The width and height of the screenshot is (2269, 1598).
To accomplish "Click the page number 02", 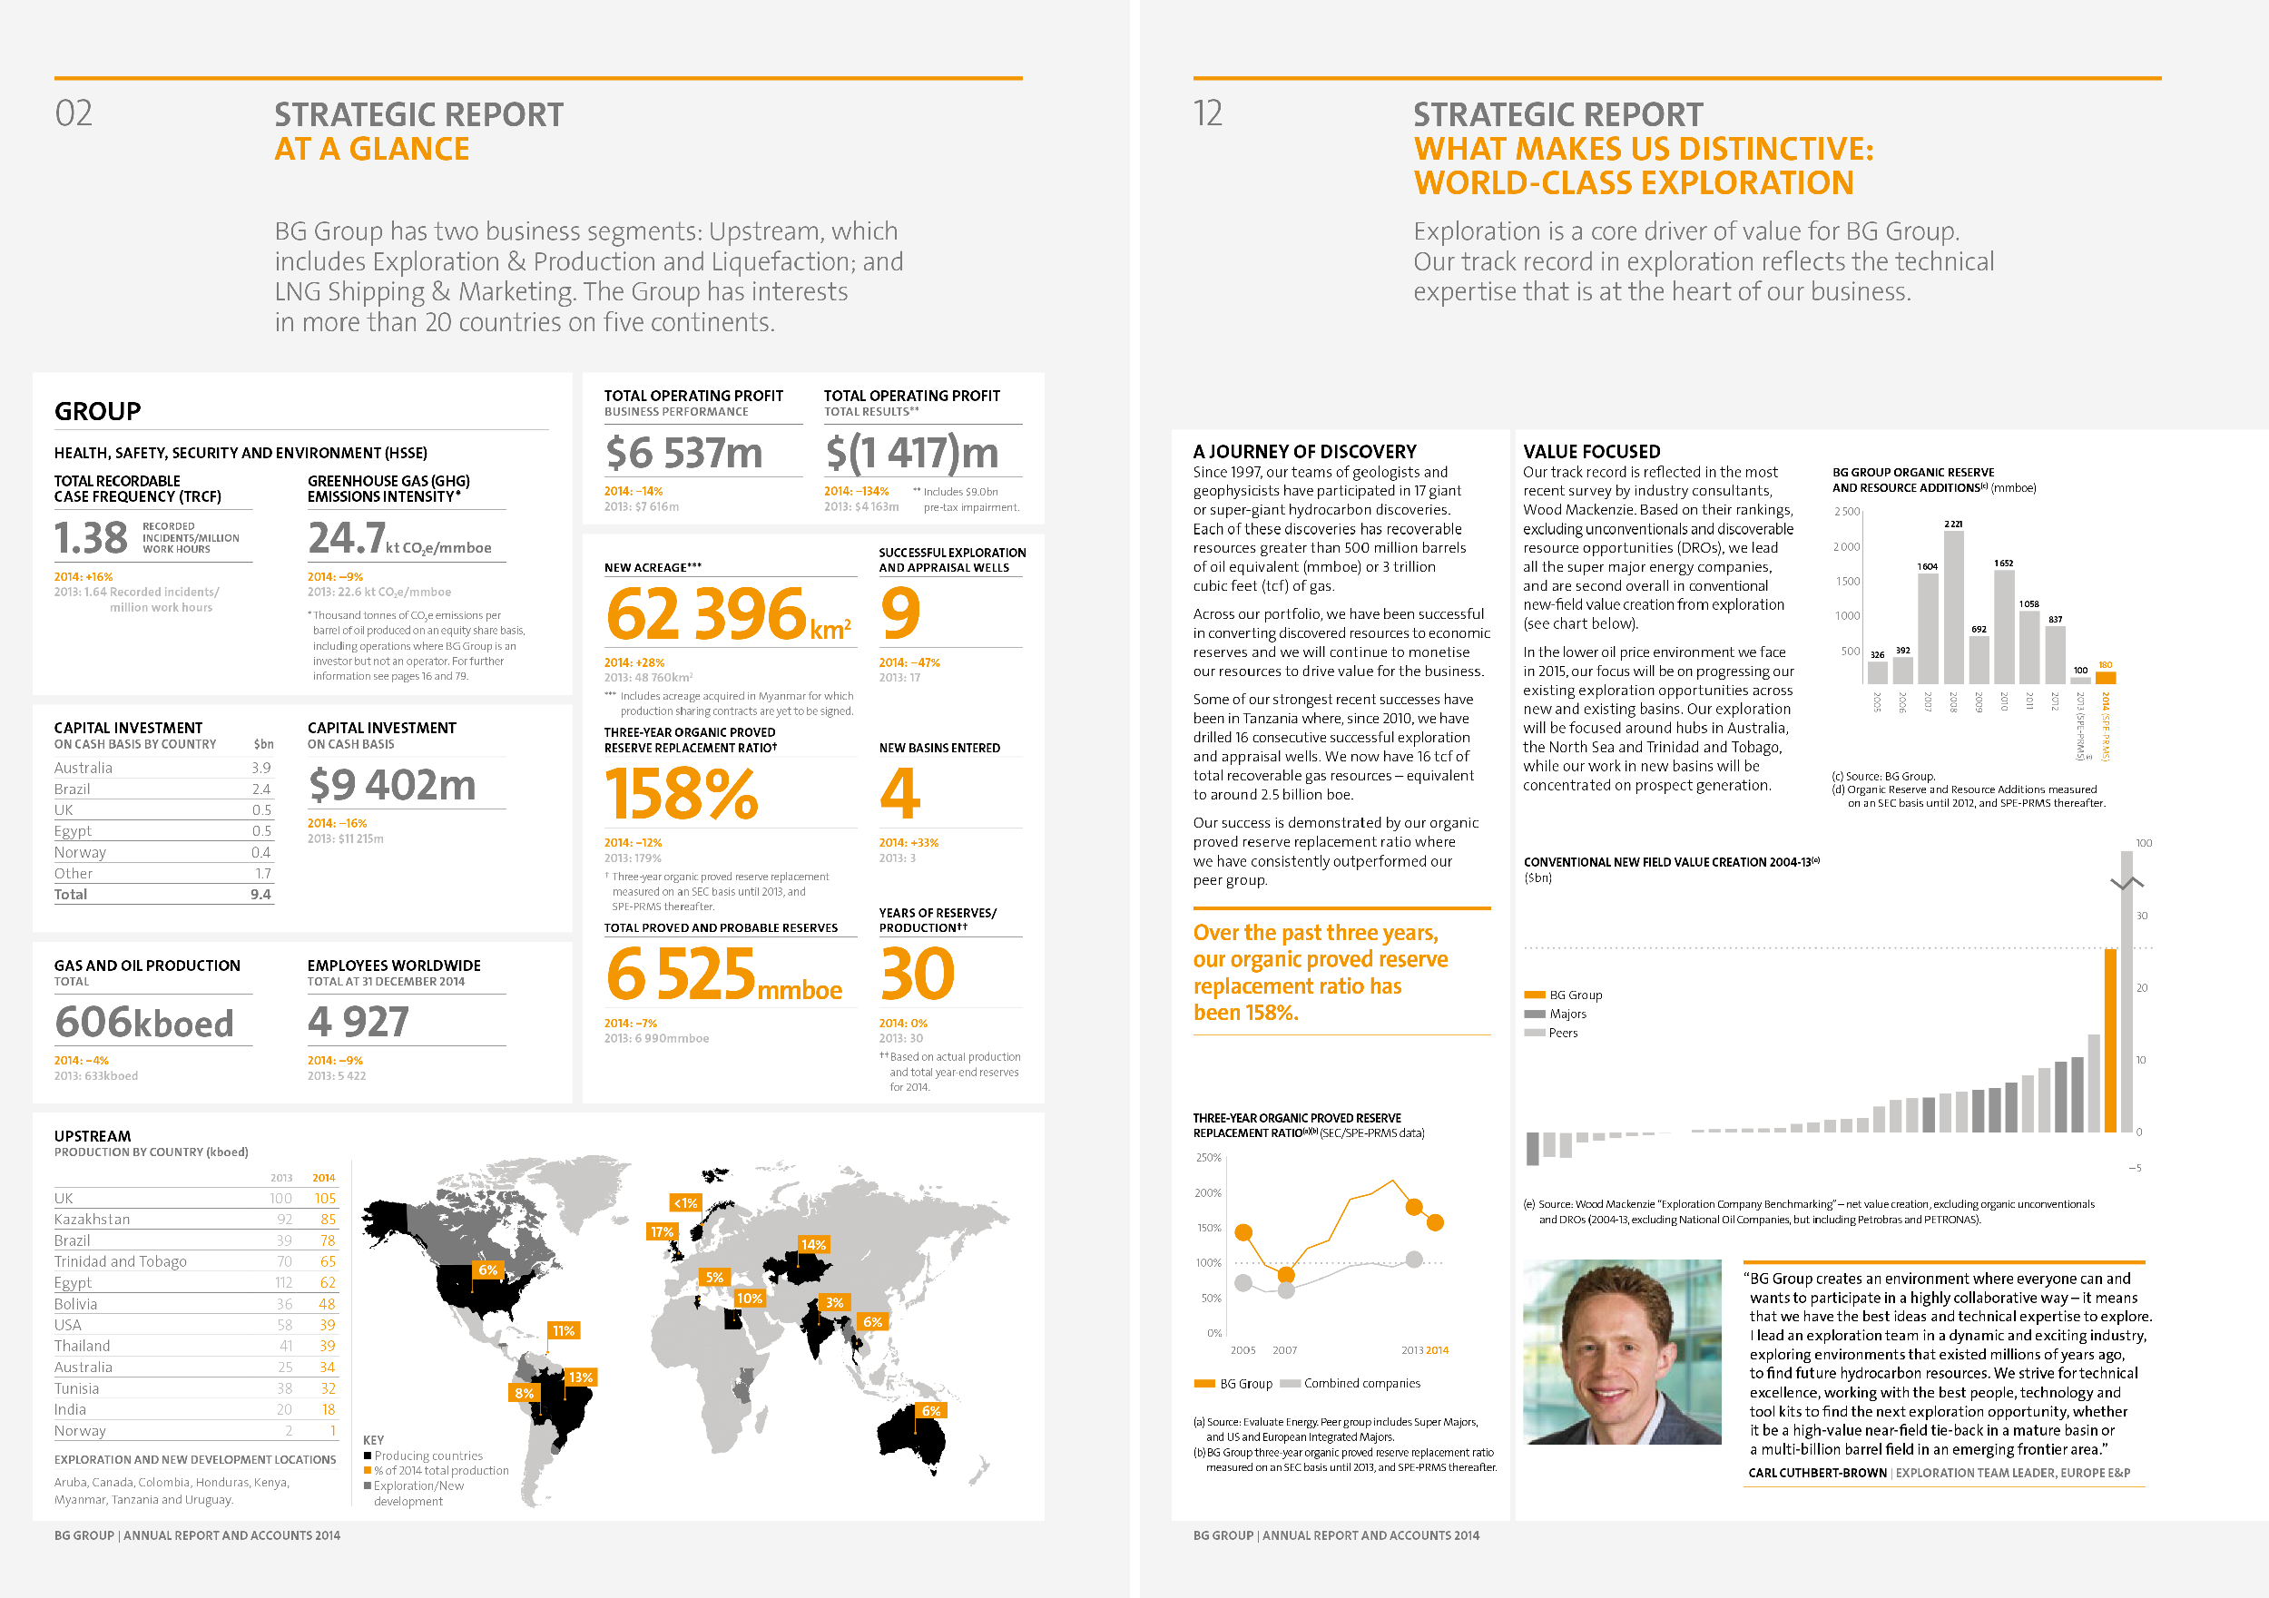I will [74, 113].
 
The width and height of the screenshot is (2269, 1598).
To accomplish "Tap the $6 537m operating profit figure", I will [683, 454].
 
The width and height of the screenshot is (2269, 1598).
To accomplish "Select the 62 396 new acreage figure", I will [707, 613].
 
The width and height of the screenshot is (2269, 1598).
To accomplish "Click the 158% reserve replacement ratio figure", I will [681, 795].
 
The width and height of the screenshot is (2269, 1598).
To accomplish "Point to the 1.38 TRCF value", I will [91, 539].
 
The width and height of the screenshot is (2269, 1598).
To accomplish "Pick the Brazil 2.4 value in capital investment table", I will [260, 789].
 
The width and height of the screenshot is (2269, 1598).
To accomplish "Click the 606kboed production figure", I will [144, 1023].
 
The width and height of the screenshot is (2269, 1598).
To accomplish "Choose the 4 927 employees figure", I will [358, 1022].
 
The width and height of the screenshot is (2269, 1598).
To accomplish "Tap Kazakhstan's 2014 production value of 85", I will [327, 1220].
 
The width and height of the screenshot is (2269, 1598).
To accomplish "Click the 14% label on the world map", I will [813, 1244].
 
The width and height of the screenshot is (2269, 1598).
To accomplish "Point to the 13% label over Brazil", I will [581, 1377].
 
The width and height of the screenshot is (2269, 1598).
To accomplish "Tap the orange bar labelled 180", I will [2106, 678].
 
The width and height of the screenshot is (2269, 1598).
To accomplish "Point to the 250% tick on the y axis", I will [1209, 1157].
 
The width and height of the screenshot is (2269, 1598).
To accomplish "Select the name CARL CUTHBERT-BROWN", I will [1817, 1473].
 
